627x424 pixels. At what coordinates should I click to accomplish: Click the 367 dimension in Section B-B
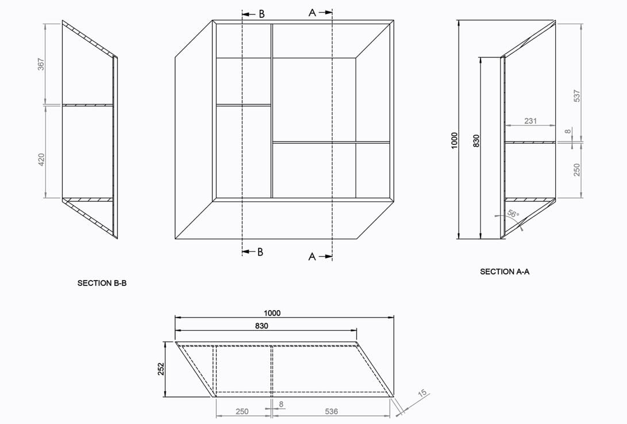41,64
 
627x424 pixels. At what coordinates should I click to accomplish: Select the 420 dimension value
41,159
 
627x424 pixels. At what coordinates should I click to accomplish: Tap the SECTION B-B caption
102,283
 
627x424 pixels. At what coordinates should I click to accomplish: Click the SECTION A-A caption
505,272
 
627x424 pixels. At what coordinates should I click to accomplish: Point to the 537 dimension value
578,96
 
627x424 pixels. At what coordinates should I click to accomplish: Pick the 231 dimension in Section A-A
530,121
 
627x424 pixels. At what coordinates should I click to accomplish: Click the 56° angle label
513,214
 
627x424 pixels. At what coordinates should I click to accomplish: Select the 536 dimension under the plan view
331,411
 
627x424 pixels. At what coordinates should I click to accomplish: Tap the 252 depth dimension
161,369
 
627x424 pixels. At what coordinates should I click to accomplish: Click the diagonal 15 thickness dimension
422,394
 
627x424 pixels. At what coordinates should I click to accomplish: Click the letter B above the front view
261,14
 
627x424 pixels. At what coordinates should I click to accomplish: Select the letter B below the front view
260,252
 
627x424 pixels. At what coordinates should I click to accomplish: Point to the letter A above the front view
312,13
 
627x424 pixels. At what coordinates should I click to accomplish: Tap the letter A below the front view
312,257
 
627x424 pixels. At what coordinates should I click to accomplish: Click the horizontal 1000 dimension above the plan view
272,313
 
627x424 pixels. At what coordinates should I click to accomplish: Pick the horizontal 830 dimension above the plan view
261,326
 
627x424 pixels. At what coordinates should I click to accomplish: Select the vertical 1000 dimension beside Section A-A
454,140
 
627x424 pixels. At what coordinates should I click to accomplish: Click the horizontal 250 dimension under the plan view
242,411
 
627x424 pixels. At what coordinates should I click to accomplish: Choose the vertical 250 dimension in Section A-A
578,170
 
